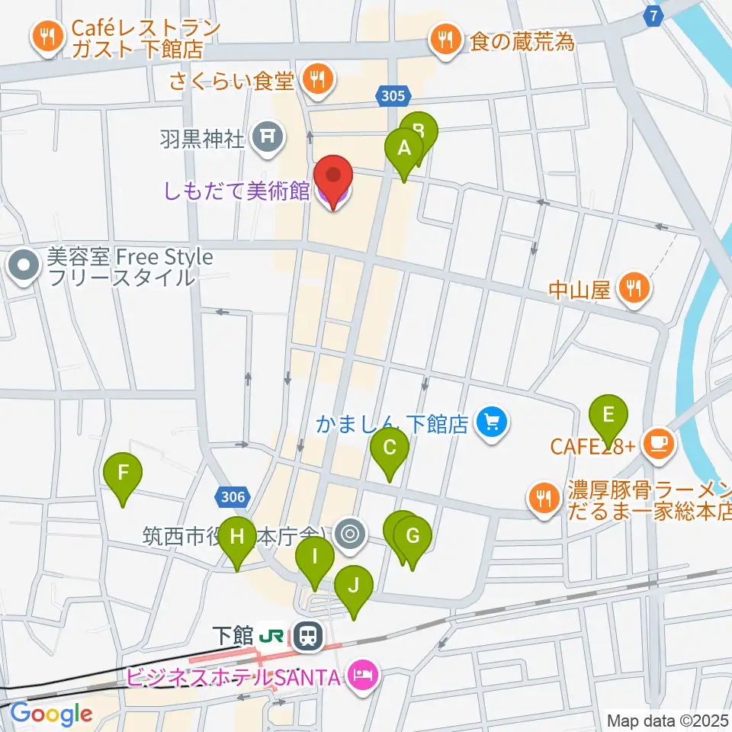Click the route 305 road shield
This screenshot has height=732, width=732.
[x=394, y=95]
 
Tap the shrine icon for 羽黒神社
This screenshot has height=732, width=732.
[x=268, y=137]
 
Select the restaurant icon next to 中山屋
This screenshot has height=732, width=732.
[x=634, y=288]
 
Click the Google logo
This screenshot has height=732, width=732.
[x=51, y=713]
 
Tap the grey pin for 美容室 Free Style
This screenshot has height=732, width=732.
[x=24, y=267]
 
